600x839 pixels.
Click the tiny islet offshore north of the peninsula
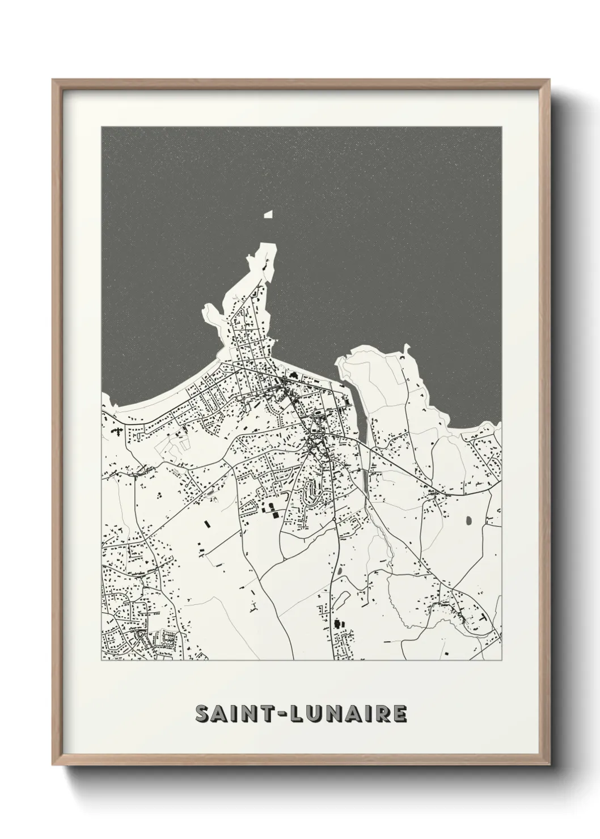coord(268,214)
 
